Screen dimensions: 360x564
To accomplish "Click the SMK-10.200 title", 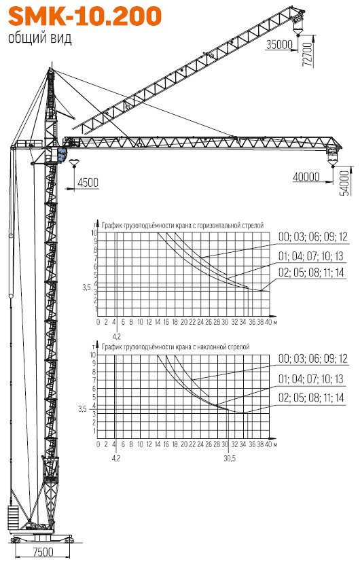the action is (x=85, y=16).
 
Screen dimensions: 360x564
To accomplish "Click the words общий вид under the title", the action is (x=40, y=38).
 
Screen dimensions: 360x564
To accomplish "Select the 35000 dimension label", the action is (x=279, y=45).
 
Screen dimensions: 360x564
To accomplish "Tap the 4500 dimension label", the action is (x=88, y=183).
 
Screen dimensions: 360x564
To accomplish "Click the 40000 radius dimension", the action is (x=306, y=177).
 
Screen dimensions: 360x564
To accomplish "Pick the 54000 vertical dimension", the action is (x=344, y=183).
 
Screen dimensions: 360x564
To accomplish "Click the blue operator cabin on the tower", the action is (x=62, y=154).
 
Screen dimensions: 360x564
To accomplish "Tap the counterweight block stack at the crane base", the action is (x=13, y=517).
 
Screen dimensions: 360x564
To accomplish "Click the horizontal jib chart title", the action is (x=183, y=226).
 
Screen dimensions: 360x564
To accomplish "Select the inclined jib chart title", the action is (x=176, y=347).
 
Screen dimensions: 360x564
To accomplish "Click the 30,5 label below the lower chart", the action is (x=230, y=459).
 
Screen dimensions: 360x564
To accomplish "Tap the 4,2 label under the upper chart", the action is (x=117, y=336).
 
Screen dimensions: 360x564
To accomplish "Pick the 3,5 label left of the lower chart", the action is (x=82, y=409).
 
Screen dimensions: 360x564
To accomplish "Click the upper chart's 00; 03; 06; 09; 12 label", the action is (x=313, y=236).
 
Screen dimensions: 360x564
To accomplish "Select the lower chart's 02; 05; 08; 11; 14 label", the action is (x=311, y=398).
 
